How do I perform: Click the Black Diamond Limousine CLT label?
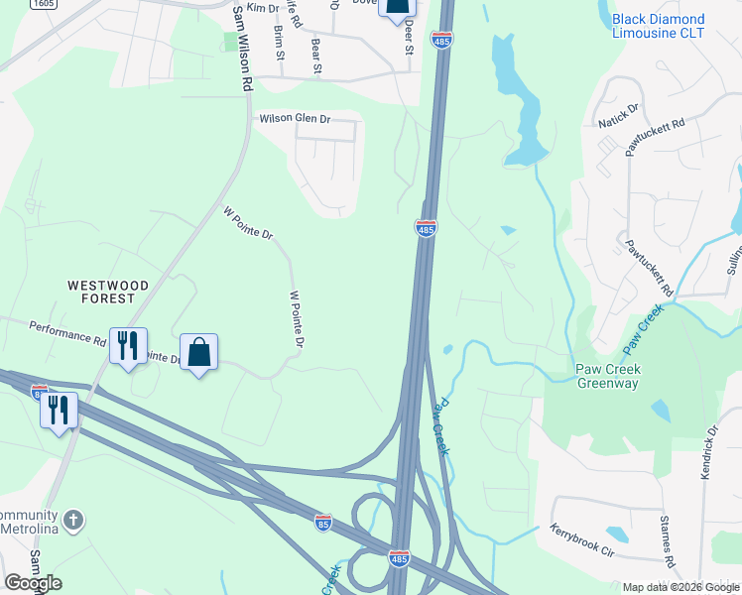click(x=672, y=26)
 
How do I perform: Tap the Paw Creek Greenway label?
click(x=610, y=376)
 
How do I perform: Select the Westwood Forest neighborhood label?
click(x=108, y=292)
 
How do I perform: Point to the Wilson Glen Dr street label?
click(x=295, y=119)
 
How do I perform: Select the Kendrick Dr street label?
click(x=708, y=451)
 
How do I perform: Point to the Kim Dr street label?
click(x=263, y=8)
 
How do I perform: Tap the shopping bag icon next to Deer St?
click(x=396, y=8)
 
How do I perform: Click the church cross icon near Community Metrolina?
click(x=72, y=520)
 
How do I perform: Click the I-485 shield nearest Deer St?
click(x=441, y=39)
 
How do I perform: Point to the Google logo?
click(x=33, y=582)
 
